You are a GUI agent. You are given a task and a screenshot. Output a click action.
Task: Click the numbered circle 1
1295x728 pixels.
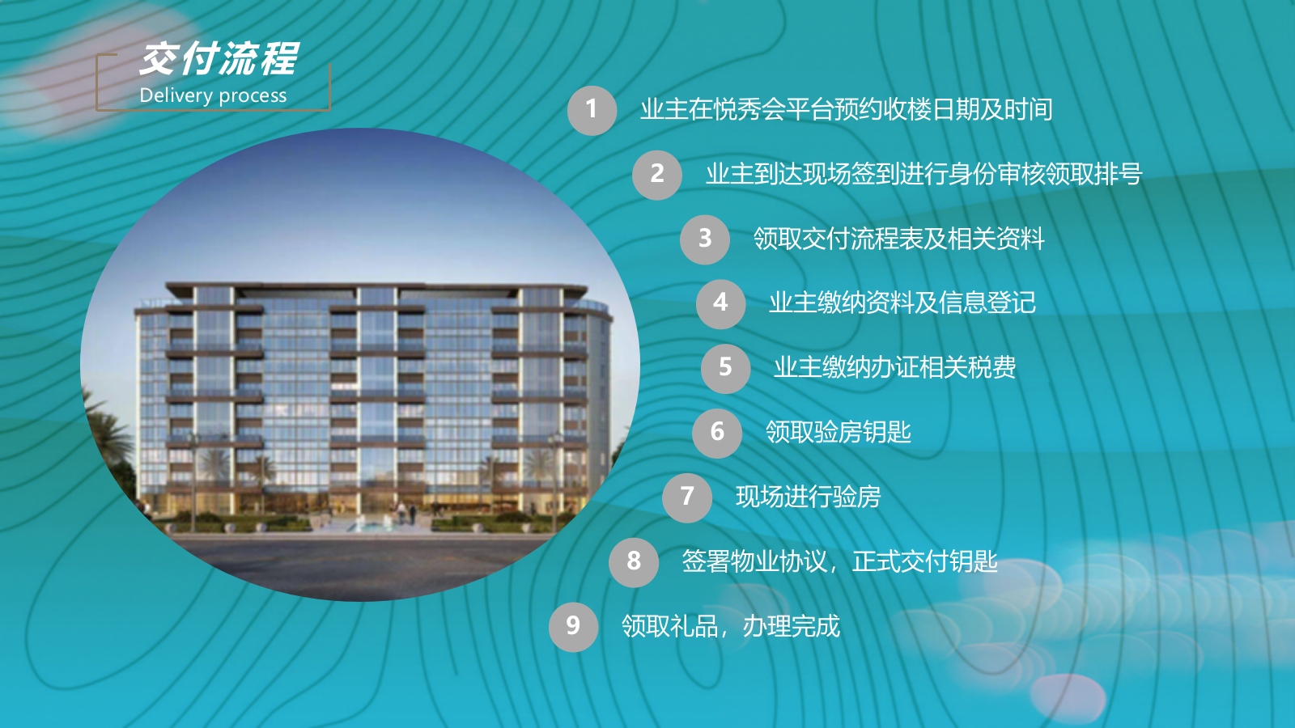click(x=592, y=110)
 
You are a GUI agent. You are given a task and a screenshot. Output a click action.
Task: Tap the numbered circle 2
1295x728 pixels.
click(x=657, y=175)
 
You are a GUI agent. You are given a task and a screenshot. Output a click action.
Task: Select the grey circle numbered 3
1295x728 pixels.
click(x=705, y=239)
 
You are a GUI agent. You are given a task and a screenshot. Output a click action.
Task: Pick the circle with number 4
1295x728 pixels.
click(x=720, y=303)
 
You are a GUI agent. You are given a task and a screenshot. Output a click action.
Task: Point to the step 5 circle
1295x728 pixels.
click(x=725, y=368)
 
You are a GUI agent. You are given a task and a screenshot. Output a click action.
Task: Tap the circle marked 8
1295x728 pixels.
click(x=634, y=561)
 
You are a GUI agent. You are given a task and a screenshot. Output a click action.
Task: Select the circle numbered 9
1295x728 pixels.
click(x=573, y=626)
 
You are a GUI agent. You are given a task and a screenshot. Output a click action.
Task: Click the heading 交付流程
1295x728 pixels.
click(x=219, y=59)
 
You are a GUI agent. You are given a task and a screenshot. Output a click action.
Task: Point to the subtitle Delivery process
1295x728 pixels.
click(x=213, y=95)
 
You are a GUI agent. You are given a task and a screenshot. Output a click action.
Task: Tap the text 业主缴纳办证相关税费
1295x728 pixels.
click(x=894, y=368)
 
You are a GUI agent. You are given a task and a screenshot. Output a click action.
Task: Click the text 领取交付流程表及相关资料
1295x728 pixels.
click(x=898, y=239)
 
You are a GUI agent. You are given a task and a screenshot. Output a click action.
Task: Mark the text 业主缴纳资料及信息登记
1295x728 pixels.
click(x=902, y=303)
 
